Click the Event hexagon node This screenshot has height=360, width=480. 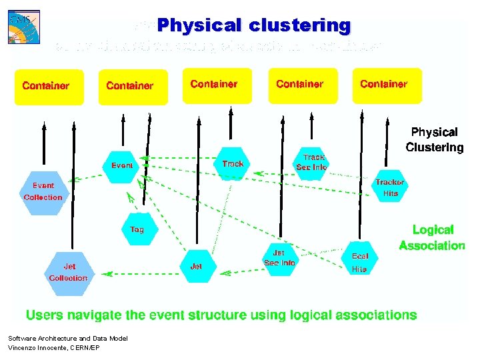coord(122,166)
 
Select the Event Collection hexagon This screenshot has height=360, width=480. coord(43,191)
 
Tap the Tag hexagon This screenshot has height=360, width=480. coord(137,229)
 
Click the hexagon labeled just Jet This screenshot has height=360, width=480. coord(196,266)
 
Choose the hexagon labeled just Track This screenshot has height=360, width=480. coord(233,164)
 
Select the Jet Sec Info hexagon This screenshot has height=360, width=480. coord(279,258)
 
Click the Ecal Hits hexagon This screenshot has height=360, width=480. coord(359,262)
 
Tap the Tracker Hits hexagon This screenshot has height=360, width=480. coord(390,187)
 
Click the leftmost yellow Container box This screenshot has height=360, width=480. coord(49,87)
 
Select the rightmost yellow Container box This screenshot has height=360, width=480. coord(387,85)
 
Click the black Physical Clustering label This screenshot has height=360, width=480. coord(434,140)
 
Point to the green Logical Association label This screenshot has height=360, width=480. coord(432,238)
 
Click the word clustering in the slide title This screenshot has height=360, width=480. coord(299,26)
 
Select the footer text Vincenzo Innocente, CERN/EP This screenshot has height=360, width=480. coord(54,348)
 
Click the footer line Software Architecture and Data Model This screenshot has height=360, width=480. coord(67,339)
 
